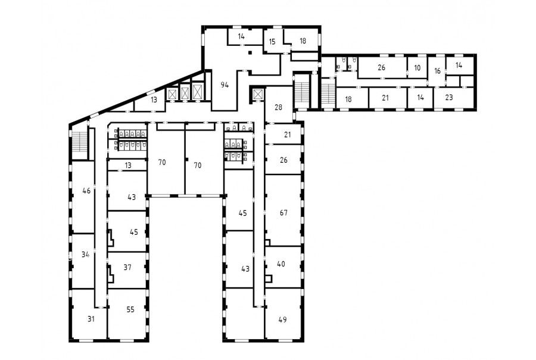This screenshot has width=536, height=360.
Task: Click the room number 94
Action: [x=225, y=85]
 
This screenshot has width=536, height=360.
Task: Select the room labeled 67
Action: [x=283, y=213]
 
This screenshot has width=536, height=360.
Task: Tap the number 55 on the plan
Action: [x=130, y=309]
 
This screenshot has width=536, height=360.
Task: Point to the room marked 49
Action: [x=282, y=319]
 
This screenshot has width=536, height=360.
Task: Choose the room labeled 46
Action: [x=86, y=191]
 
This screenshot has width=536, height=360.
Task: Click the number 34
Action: [x=85, y=255]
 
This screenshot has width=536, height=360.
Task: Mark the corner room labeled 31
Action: [x=91, y=319]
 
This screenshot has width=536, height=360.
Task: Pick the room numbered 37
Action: [x=127, y=267]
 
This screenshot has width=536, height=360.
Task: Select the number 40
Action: [x=281, y=264]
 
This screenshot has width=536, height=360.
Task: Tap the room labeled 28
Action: [x=279, y=107]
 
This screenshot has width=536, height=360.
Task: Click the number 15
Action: [x=272, y=42]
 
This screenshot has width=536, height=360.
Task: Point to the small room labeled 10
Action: [x=417, y=68]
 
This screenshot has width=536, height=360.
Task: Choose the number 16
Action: [x=438, y=71]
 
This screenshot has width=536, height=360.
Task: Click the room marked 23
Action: [x=449, y=98]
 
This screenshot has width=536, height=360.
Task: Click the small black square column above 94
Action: [x=250, y=52]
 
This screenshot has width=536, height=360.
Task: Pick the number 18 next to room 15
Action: [x=303, y=41]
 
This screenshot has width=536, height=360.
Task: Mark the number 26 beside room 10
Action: [x=382, y=67]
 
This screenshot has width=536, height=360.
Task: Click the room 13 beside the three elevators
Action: [x=154, y=100]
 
